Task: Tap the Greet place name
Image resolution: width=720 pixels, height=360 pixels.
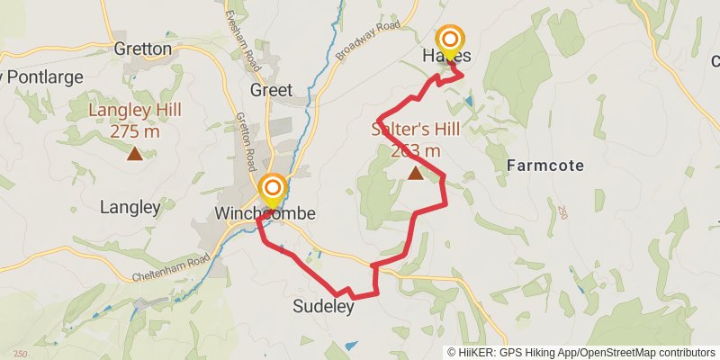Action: pos(272,90)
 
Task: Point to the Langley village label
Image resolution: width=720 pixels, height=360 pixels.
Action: pos(130,207)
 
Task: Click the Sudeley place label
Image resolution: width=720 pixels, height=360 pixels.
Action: pos(323,307)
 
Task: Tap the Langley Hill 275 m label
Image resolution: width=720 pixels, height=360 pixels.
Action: pos(135,120)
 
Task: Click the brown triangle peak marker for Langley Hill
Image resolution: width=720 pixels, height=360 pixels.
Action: pos(134,154)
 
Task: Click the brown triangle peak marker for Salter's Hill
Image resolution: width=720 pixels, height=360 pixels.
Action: pos(415,174)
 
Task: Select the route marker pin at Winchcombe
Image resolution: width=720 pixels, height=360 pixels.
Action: pos(273,191)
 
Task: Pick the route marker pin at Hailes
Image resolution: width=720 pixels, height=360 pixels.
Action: pos(450,42)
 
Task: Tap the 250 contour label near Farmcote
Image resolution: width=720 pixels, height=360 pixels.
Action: pos(563,212)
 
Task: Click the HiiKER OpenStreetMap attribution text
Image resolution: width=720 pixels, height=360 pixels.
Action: pos(581,353)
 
